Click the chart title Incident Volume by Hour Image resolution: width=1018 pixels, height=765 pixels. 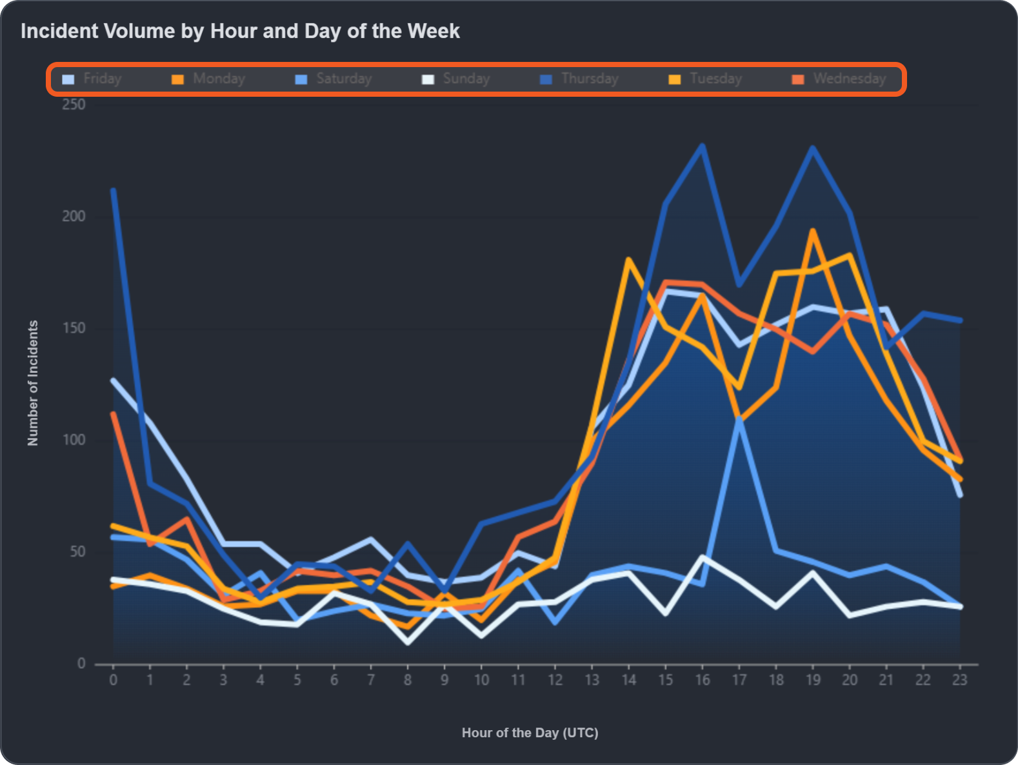tap(240, 31)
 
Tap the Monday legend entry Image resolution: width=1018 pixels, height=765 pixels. tap(208, 79)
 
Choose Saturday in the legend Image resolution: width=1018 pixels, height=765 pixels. tap(334, 79)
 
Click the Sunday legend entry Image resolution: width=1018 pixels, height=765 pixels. tap(456, 79)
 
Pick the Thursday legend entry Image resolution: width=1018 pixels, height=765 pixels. tap(579, 79)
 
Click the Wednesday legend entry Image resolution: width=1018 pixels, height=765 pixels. tap(839, 79)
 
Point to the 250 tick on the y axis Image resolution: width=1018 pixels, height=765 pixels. tap(74, 104)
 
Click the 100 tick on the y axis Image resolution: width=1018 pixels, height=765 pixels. tap(74, 440)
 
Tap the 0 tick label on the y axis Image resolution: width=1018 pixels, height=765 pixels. tap(81, 663)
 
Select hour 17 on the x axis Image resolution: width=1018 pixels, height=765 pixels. tap(739, 680)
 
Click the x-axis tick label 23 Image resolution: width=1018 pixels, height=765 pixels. tap(960, 680)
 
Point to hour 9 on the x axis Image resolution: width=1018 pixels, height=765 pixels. tap(444, 680)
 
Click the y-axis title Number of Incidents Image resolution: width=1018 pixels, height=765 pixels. tap(33, 383)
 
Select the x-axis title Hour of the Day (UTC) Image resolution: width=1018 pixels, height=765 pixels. tap(530, 733)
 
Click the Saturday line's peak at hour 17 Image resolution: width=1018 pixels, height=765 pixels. tap(739, 419)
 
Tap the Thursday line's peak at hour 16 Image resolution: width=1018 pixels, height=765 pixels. tap(703, 146)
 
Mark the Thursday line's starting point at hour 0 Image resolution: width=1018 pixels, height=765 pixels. tap(114, 190)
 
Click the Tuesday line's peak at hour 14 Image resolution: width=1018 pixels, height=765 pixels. tap(628, 259)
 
